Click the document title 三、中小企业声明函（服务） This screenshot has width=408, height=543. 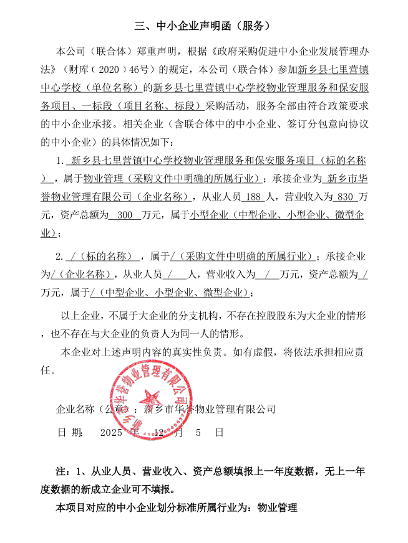203,26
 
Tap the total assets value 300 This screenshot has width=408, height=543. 125,215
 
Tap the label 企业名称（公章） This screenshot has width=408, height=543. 94,409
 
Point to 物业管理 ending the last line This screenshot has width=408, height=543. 277,508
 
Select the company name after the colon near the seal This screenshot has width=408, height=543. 210,409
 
